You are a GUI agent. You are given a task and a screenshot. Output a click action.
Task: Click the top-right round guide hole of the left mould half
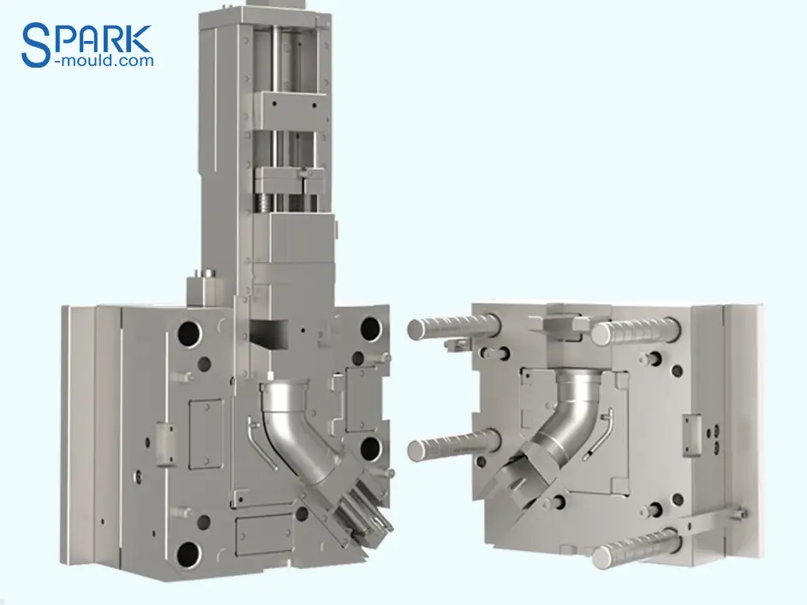coord(370,327)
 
